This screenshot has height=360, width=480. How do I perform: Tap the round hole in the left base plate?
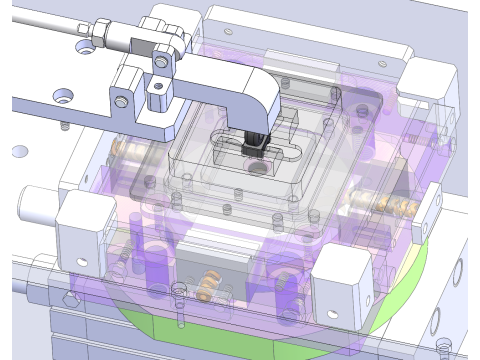click(20, 151)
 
